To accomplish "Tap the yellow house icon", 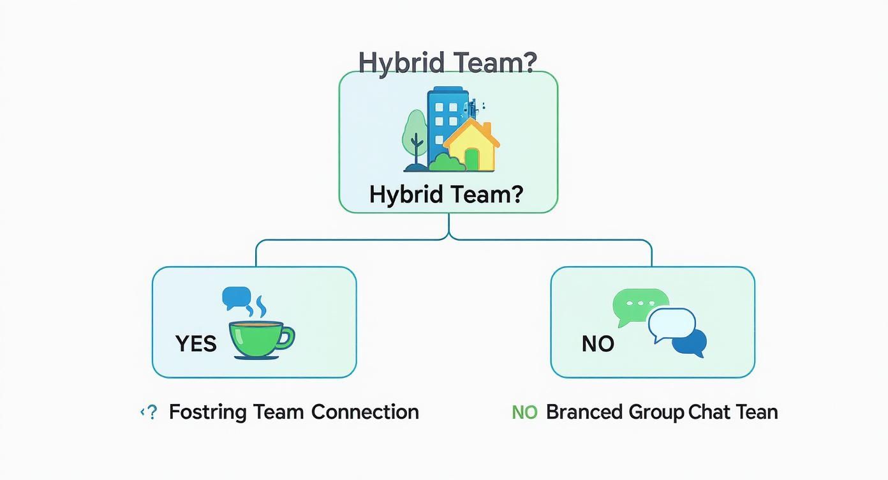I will (473, 147).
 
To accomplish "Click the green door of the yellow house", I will (472, 160).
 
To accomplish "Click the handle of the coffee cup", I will (287, 336).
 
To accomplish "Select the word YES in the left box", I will (196, 344).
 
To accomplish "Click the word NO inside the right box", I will (598, 344).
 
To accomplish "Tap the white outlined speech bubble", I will (670, 324).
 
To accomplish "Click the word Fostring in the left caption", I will (207, 412).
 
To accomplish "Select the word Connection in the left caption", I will (365, 412).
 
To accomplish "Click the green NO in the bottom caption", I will (524, 413).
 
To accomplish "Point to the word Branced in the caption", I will (584, 412).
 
